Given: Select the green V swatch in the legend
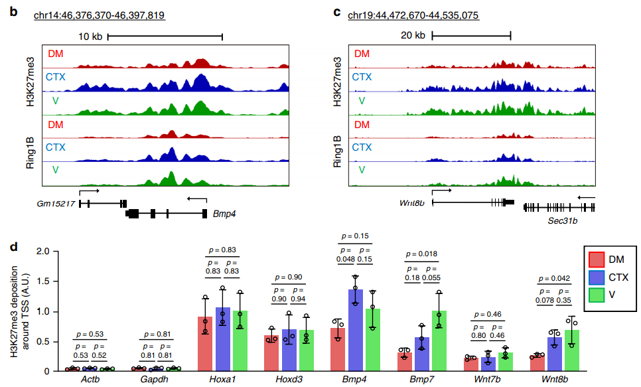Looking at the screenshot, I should point(596,295).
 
